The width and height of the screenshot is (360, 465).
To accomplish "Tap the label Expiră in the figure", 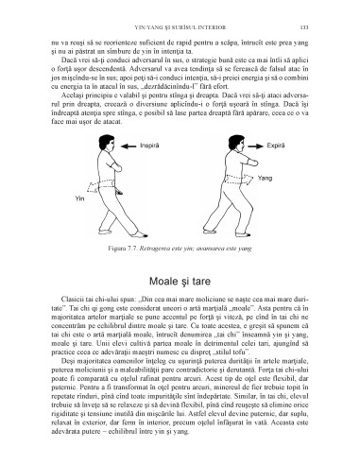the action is (x=275, y=146).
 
